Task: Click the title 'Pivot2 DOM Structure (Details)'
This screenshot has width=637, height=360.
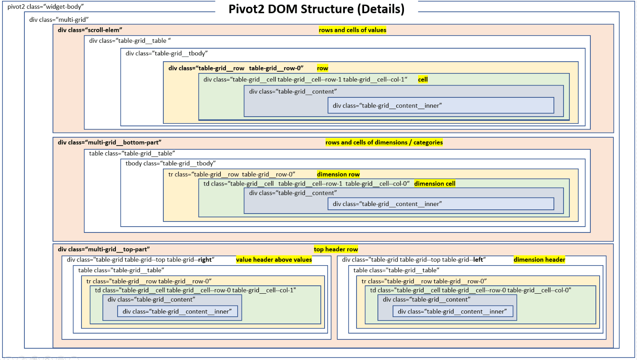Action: point(317,9)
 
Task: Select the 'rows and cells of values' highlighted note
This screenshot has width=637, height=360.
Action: point(352,30)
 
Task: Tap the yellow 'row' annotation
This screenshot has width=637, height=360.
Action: point(322,68)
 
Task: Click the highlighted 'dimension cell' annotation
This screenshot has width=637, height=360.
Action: point(435,183)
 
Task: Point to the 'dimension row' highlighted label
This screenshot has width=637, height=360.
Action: point(338,174)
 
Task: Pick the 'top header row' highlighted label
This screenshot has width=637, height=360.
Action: point(336,249)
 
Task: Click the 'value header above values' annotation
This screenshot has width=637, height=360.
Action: point(274,259)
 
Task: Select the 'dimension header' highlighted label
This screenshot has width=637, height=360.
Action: point(539,259)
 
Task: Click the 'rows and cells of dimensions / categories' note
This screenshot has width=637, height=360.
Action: point(384,142)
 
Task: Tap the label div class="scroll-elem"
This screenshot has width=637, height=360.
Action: point(90,30)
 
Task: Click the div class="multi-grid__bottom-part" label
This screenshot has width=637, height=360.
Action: point(110,142)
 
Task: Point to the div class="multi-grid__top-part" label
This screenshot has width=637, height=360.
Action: point(104,249)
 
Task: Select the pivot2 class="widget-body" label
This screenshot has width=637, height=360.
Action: point(45,7)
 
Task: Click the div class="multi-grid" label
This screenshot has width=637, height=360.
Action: point(59,20)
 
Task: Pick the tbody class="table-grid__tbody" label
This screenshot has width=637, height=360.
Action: point(170,163)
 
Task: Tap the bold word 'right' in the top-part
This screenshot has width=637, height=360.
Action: point(205,259)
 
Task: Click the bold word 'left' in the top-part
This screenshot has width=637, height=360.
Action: point(478,259)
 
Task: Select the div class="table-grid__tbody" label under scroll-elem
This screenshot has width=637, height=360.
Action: point(167,53)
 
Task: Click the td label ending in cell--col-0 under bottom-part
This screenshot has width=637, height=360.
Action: point(306,183)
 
